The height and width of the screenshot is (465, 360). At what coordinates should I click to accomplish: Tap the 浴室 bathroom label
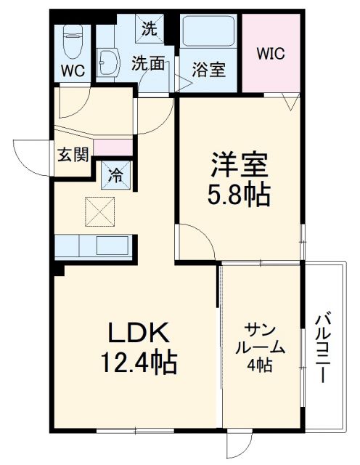pos(209,70)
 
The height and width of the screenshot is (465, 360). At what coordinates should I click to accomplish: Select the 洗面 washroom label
pos(147,63)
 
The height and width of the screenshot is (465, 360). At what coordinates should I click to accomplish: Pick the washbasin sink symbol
pos(110,62)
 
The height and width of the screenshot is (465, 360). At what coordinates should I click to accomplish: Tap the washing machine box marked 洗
pos(149,29)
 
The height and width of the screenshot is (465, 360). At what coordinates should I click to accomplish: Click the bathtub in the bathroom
pos(209,33)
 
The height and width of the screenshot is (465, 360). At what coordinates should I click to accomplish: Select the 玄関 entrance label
pos(73,154)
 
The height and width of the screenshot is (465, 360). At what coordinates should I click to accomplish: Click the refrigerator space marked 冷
pos(115,174)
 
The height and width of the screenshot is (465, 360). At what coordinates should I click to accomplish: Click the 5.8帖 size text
pos(240,195)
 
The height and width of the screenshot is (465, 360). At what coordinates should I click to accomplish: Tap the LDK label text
pos(139,333)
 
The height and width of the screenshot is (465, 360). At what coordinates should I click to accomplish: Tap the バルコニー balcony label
pos(324,348)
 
